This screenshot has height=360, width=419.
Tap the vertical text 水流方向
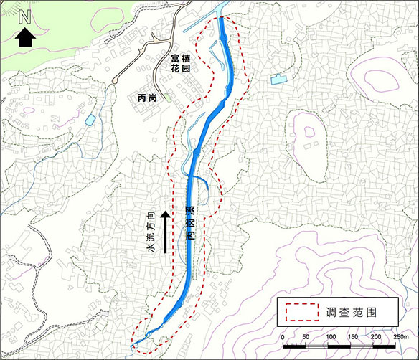(x=151, y=231)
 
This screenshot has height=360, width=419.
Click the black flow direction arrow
(x=166, y=231)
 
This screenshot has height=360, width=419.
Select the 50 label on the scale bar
(x=306, y=336)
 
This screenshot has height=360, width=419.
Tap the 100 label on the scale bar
(x=329, y=336)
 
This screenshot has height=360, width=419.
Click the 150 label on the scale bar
(x=352, y=336)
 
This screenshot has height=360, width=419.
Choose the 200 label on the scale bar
(x=375, y=336)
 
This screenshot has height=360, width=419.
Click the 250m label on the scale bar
(x=399, y=336)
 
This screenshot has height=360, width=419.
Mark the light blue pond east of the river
(x=278, y=80)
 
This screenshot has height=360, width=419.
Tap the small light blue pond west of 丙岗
(x=90, y=120)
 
